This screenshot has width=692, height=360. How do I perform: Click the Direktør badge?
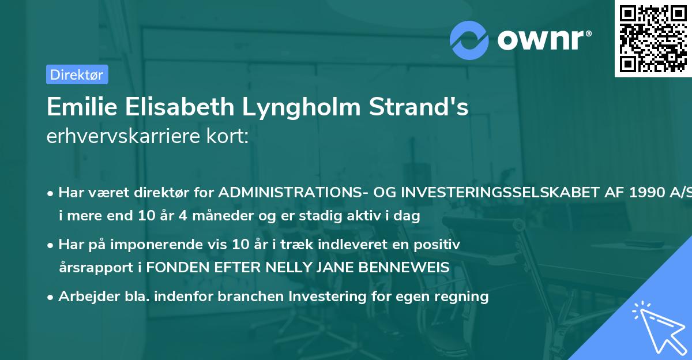(77, 74)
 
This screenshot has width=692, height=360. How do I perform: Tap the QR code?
(652, 38)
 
